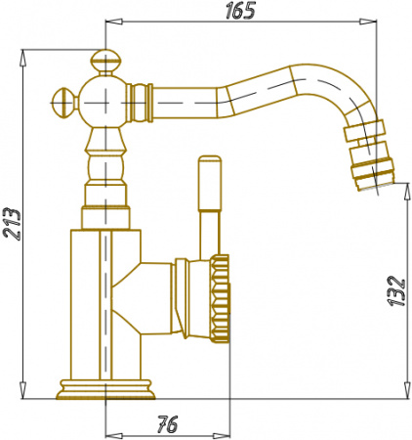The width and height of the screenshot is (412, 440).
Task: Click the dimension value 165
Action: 240,11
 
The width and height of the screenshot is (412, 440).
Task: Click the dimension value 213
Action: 12,224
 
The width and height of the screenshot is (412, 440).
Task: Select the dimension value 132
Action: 396,291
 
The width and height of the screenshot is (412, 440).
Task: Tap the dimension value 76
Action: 168,424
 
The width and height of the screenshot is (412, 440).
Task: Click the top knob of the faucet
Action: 105,63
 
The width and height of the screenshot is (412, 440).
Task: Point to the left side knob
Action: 64,103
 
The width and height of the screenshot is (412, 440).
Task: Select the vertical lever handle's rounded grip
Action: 210,183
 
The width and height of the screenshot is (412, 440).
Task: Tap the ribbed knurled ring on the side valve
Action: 221,298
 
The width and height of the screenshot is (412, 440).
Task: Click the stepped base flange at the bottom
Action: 105,389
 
